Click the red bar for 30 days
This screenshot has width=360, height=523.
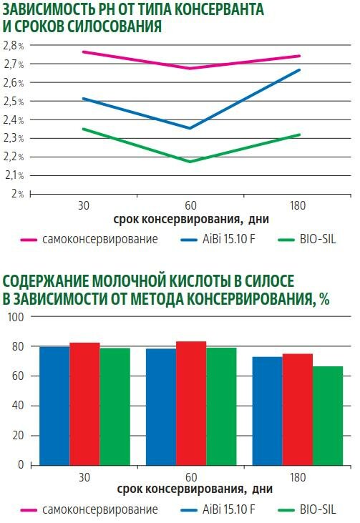(x=84, y=404)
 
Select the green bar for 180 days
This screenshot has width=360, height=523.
(x=328, y=416)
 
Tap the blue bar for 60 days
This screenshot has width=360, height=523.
(x=161, y=407)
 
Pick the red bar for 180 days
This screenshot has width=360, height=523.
(x=298, y=409)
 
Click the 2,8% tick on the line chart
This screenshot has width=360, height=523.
(x=14, y=46)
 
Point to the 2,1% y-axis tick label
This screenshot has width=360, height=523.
(x=14, y=175)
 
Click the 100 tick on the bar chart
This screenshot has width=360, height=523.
(x=16, y=317)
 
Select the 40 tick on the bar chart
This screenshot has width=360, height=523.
(x=18, y=406)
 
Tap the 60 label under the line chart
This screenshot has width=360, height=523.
(x=190, y=205)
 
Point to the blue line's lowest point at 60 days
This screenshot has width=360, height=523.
(x=190, y=128)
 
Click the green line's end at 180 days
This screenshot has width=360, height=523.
(x=299, y=135)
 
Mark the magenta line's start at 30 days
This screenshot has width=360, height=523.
(x=84, y=52)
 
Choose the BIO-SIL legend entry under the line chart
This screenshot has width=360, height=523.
(x=307, y=239)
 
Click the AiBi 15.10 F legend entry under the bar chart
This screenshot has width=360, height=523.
(x=218, y=509)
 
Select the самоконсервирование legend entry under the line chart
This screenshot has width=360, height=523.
(x=89, y=239)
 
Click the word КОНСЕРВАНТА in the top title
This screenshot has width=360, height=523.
(x=219, y=9)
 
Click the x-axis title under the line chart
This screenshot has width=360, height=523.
(x=191, y=219)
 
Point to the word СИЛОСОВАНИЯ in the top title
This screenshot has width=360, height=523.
(x=115, y=26)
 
